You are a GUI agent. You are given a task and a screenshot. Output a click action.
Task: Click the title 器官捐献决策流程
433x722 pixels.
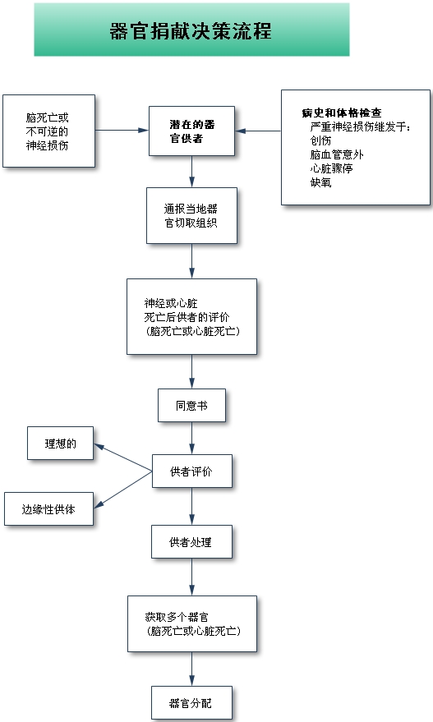point(191,31)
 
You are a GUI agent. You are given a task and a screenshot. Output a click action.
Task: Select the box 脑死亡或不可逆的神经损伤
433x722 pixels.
point(48,131)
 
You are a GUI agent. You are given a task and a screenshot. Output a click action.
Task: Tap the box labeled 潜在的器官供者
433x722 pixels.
point(191,131)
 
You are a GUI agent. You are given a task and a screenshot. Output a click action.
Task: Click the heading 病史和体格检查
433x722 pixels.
point(342,113)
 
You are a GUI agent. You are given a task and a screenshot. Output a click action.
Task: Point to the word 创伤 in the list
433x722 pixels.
point(320,140)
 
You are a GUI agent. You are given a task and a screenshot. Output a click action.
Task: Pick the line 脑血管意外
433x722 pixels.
point(337,154)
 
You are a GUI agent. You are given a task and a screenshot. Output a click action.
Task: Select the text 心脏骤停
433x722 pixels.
point(332,168)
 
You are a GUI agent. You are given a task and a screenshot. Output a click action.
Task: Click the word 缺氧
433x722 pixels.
point(320,182)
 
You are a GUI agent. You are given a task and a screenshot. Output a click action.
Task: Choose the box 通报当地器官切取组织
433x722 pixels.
point(191,215)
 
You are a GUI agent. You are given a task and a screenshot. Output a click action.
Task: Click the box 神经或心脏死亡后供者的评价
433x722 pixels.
point(191,317)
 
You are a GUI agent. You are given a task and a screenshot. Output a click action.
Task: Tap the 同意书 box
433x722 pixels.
point(191,406)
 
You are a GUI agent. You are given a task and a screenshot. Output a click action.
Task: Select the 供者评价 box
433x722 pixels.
point(192,471)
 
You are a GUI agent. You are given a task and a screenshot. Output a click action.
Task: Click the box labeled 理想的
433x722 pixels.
point(60,444)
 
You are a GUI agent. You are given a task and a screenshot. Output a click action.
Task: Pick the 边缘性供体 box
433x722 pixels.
point(48,508)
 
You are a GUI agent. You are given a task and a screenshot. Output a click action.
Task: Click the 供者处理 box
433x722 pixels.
point(191,542)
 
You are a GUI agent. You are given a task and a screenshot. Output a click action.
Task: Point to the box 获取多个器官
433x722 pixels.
point(192,624)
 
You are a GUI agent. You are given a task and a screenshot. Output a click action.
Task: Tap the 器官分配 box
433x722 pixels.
point(191,703)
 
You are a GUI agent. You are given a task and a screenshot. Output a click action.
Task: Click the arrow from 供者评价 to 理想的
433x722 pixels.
point(123,458)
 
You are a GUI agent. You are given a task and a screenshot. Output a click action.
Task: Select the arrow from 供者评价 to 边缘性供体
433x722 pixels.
point(123,490)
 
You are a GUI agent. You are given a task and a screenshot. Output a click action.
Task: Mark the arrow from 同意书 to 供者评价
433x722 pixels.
point(191,439)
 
